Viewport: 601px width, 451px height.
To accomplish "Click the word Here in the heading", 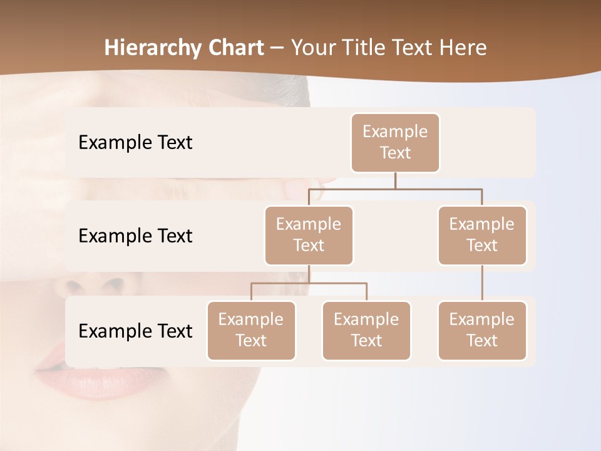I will point(462,48).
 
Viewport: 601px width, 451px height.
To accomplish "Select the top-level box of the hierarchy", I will point(395,143).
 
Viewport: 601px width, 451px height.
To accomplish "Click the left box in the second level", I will point(309,235).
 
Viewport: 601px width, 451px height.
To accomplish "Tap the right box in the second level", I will point(482,235).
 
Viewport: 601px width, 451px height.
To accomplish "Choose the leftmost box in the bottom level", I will point(251,330).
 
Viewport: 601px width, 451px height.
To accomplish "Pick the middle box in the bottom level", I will point(366,330).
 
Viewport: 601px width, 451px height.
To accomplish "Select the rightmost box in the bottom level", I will point(482,330).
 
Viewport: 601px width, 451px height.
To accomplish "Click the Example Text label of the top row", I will point(135,143).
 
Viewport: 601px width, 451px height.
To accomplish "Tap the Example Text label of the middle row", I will point(135,236).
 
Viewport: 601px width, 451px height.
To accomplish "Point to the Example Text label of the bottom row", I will point(135,331).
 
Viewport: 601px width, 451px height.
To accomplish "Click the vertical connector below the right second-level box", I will point(482,283).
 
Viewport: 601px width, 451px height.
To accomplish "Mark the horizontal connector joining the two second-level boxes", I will point(438,189).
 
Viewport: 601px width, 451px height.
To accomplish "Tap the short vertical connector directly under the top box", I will point(395,180).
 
